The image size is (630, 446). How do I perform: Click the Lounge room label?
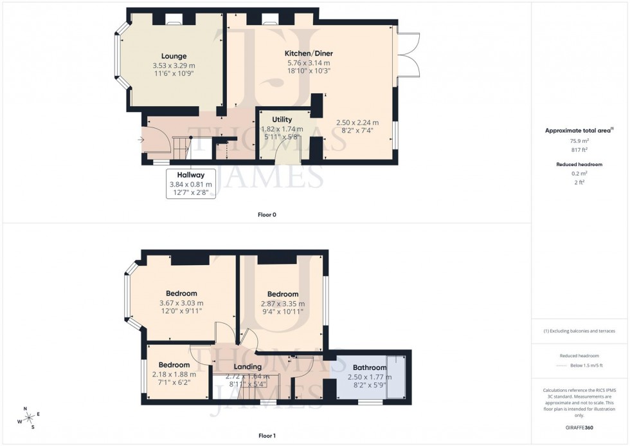(174, 56)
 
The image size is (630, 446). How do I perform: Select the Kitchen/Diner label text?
(309, 53)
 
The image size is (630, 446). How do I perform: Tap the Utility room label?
(282, 120)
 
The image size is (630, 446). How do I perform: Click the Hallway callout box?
(190, 184)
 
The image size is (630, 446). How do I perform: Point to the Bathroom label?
(369, 367)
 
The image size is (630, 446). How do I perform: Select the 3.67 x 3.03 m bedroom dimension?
(181, 303)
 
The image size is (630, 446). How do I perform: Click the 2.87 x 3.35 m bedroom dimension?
(283, 304)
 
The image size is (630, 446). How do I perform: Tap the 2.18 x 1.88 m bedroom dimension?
(173, 375)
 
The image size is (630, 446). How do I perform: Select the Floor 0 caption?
(266, 214)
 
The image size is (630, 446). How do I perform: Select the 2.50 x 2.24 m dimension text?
(357, 122)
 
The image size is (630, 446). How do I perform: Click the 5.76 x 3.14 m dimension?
(309, 63)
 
